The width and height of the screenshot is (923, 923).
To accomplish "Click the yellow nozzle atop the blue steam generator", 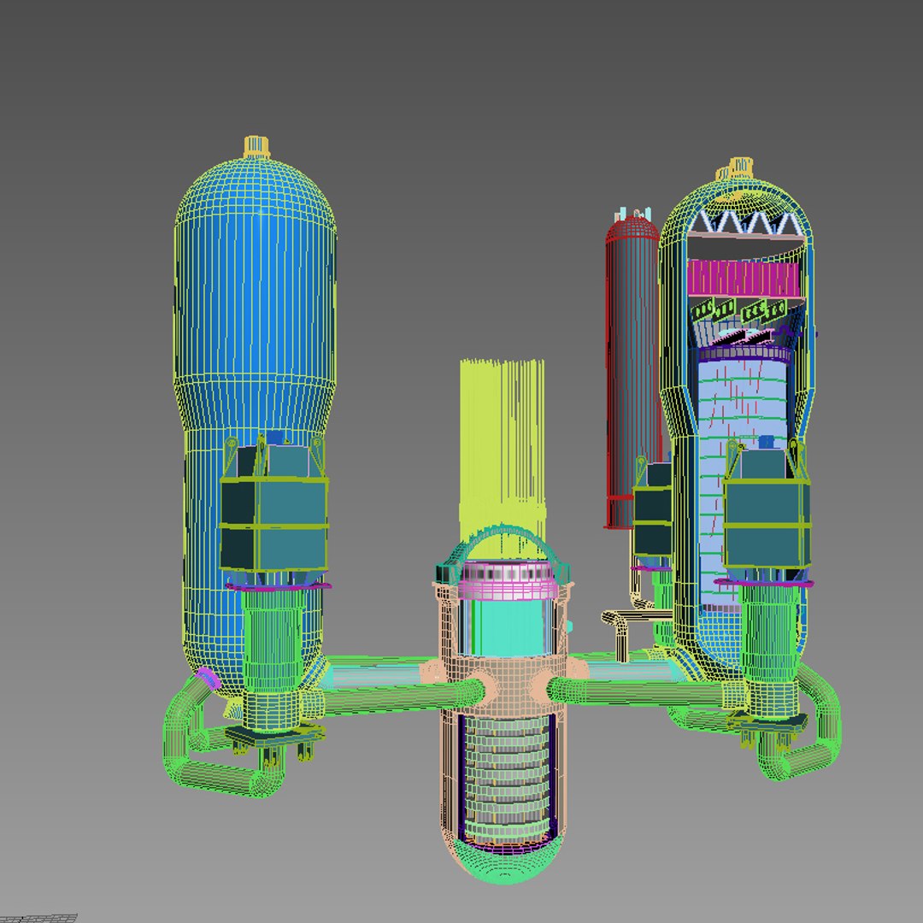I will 256,146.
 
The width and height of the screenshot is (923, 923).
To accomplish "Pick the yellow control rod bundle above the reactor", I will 502,444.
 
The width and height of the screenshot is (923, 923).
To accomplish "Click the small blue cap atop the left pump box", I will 274,438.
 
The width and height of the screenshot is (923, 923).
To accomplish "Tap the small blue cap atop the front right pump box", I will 766,442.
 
